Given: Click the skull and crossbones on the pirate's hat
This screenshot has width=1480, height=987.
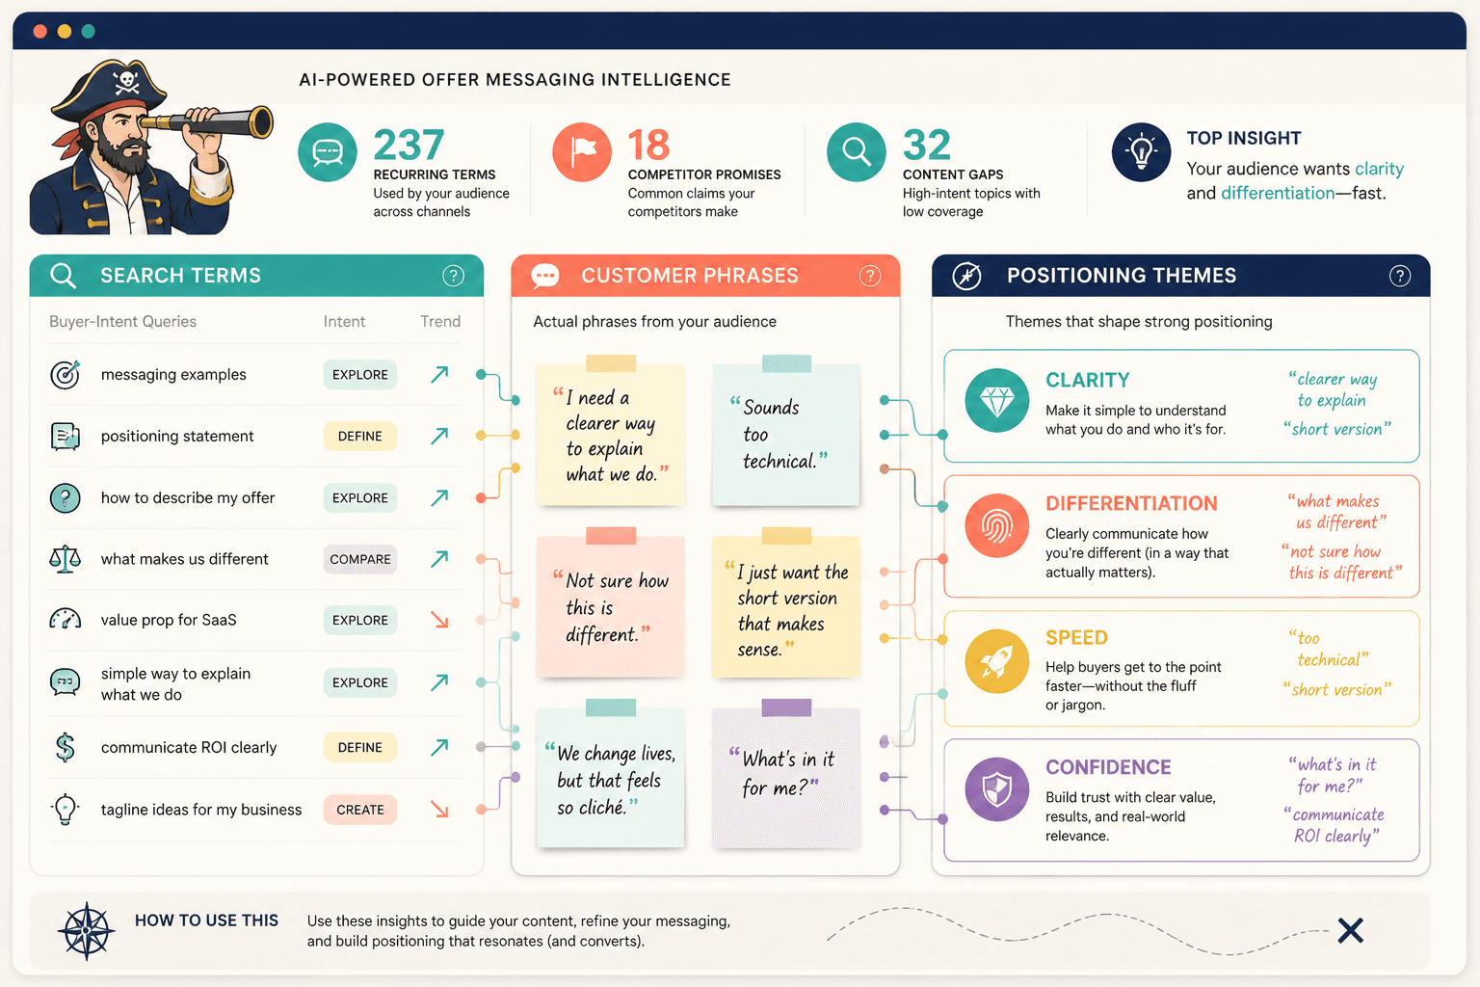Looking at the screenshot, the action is tap(126, 83).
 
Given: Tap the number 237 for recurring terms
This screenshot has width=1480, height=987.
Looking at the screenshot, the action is tap(409, 145).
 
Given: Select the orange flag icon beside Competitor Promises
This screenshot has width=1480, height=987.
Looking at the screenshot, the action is tap(582, 152).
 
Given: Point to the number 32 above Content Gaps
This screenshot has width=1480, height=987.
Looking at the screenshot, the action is tap(926, 145).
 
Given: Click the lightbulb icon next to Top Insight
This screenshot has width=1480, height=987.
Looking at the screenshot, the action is tap(1141, 152).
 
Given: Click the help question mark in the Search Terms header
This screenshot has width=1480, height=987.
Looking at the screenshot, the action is tap(453, 276).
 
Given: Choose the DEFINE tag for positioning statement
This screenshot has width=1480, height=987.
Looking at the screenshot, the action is tap(360, 437).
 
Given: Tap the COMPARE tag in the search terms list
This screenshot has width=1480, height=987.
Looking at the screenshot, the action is tap(360, 559).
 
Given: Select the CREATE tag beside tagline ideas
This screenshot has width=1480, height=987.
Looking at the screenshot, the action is tap(360, 810).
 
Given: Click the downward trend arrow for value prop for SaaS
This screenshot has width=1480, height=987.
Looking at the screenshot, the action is tap(439, 620).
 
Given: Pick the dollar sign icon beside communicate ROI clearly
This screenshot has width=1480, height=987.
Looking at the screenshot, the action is tap(65, 748).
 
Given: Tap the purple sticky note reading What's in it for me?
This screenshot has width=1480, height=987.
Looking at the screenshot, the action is tap(786, 773).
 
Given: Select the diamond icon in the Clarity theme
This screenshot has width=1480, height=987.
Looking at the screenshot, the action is tap(997, 401).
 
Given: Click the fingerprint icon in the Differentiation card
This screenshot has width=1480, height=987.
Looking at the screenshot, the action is tap(997, 526).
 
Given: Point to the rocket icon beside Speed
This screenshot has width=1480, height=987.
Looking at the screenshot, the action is tap(997, 661).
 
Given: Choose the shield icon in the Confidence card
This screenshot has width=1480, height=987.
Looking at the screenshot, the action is tap(997, 789).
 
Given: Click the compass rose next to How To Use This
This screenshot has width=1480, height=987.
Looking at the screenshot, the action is tap(87, 931).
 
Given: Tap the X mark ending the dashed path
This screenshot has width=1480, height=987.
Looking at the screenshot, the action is tap(1351, 931).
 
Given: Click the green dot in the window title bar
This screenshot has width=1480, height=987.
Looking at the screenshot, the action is tap(88, 31).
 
